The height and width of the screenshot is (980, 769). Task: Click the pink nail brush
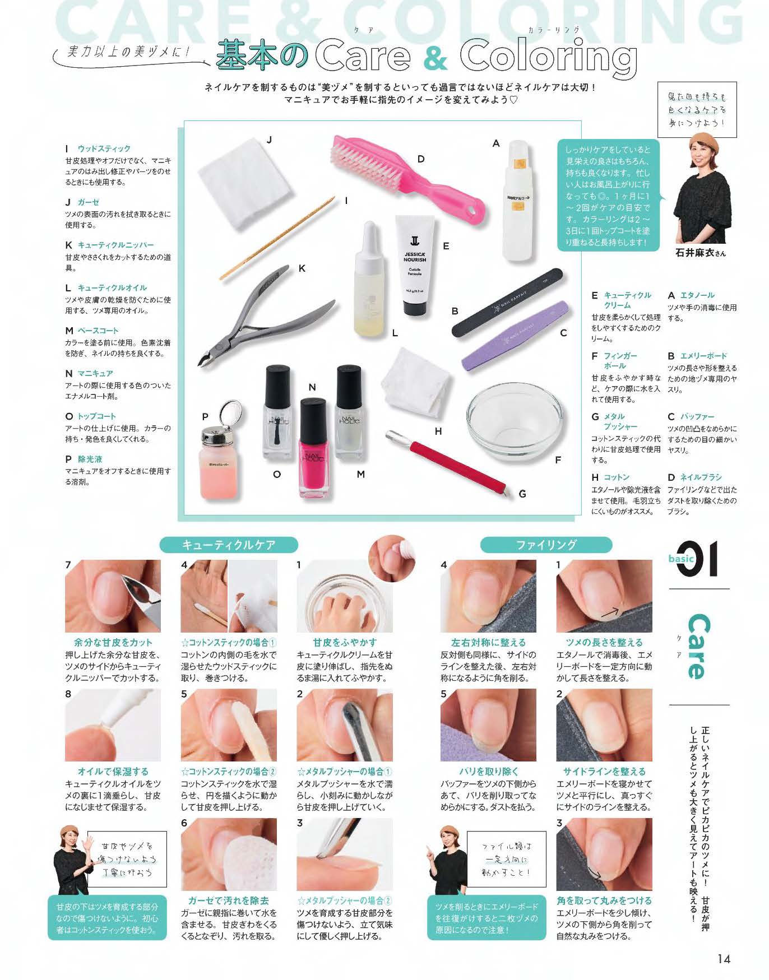tap(404, 174)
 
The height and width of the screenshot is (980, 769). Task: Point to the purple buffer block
tap(515, 336)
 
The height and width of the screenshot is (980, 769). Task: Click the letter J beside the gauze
tap(269, 140)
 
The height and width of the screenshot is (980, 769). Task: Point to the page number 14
tap(724, 959)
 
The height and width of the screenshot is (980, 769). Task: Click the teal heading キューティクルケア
tap(229, 545)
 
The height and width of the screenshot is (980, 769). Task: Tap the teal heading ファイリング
tap(546, 545)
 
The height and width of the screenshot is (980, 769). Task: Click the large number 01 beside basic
tap(697, 559)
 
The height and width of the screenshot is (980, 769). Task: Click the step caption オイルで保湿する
tap(113, 772)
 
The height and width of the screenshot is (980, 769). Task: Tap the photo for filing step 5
tap(488, 726)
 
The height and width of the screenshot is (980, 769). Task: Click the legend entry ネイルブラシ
tap(701, 477)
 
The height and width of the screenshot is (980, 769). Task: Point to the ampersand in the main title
tap(435, 59)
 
